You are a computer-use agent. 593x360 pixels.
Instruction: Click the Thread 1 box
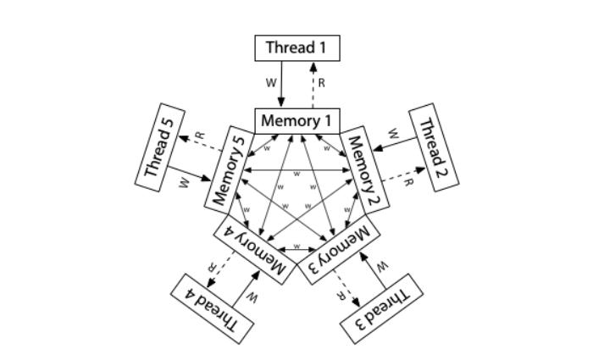296,47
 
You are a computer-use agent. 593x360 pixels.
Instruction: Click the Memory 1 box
296,120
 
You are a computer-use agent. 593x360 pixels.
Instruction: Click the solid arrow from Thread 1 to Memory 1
281,84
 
